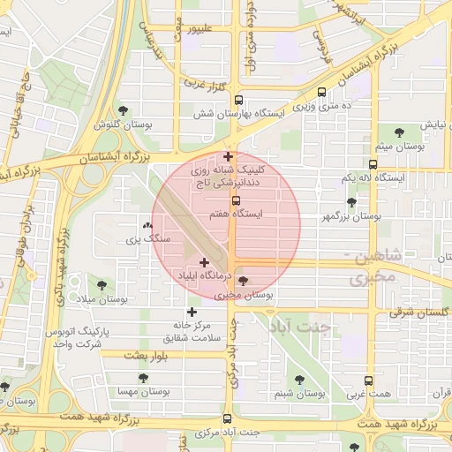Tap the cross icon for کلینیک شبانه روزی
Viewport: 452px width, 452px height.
(228, 156)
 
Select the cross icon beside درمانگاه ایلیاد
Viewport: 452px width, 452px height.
(205, 262)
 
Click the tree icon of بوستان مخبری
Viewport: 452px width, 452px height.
(244, 280)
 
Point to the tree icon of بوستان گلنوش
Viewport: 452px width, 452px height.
(122, 110)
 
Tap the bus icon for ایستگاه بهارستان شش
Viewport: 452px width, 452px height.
(238, 101)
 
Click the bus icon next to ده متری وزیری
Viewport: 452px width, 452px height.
(321, 91)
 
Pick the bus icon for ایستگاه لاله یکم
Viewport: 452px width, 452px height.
(373, 163)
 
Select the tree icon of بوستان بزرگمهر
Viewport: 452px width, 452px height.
(351, 202)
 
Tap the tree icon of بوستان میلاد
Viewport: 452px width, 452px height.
(102, 285)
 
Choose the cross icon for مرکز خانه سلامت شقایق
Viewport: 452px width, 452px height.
(192, 312)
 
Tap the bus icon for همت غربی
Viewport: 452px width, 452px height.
(369, 380)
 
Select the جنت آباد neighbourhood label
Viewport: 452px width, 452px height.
(301, 326)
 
